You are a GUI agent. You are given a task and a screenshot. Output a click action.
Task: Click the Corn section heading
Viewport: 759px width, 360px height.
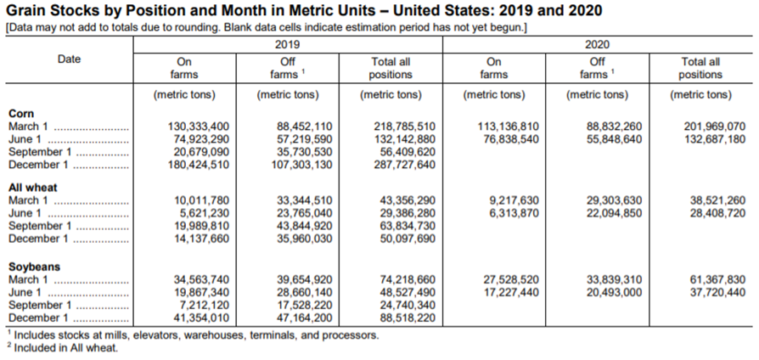[x=21, y=114]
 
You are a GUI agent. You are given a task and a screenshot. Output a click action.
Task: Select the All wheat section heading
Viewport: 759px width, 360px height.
[x=32, y=188]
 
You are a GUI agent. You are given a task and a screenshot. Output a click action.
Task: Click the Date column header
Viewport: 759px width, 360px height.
[x=70, y=59]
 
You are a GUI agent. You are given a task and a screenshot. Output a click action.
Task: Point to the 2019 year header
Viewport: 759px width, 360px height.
[x=288, y=45]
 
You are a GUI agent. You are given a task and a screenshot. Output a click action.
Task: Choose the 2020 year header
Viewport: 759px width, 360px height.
[x=598, y=45]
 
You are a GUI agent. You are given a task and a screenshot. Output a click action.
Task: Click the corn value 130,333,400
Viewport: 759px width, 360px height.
[x=198, y=127]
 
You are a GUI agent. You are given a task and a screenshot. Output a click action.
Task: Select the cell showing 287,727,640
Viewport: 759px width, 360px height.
[x=404, y=165]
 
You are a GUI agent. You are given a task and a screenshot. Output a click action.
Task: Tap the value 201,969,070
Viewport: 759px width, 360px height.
[x=714, y=127]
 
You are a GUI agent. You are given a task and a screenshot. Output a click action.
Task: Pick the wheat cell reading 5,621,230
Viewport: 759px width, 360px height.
[x=202, y=213]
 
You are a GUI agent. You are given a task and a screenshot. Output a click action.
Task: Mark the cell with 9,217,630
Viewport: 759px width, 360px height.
[x=512, y=200]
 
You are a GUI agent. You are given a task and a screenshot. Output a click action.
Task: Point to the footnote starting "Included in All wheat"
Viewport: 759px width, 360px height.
[x=64, y=347]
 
